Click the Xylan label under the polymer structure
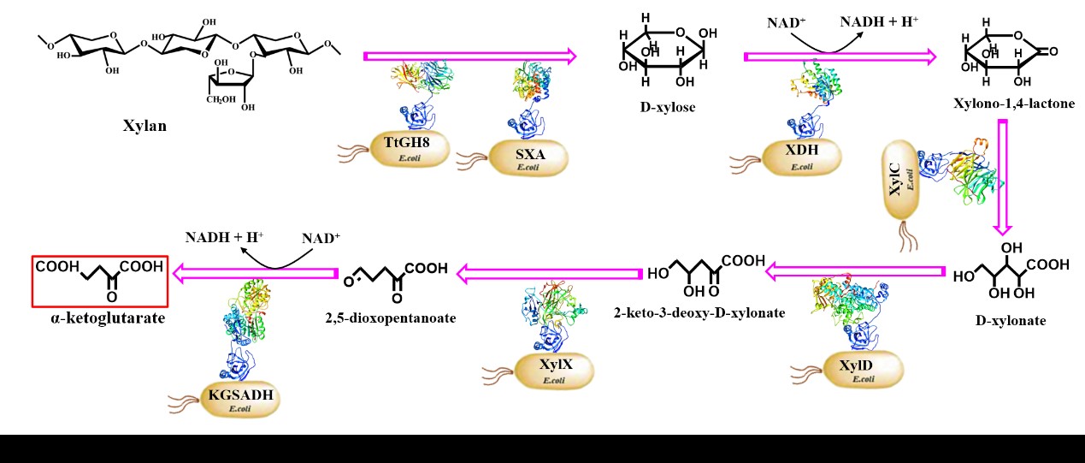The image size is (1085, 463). coord(144,126)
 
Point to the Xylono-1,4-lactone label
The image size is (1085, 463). coord(1013,104)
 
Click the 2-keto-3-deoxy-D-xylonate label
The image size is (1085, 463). coord(699,312)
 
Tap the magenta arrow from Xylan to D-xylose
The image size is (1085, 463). coord(470,56)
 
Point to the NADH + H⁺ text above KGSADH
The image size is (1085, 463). coord(224,237)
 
